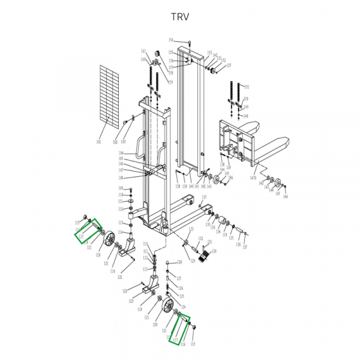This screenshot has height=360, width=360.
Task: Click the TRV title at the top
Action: pos(179,17)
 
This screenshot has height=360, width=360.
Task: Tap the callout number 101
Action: pos(98,143)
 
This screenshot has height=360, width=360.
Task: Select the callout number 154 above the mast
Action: pos(171,40)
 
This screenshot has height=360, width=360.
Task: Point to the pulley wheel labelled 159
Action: pos(158,56)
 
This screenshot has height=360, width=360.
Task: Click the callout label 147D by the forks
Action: pos(253,178)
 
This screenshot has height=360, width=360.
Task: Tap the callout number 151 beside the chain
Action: pos(247,86)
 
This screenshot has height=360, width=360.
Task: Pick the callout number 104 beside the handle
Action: pos(120,154)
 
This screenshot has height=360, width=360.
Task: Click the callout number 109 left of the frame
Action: pos(120,188)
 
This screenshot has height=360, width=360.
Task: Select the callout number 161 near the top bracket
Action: pos(143,51)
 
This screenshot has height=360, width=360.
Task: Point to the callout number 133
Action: pos(191,229)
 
